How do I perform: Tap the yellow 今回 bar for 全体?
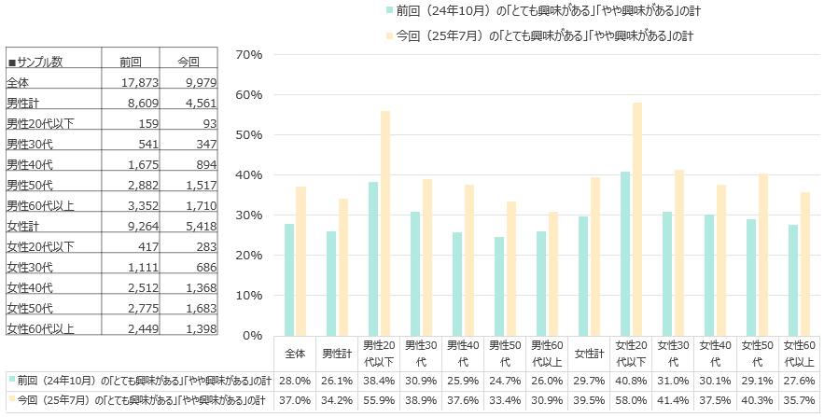300,260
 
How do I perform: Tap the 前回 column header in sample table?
131,63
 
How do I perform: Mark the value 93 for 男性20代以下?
207,123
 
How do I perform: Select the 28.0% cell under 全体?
295,381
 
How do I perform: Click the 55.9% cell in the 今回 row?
380,399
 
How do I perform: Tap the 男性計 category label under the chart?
337,354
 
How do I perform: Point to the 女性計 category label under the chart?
591,354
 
